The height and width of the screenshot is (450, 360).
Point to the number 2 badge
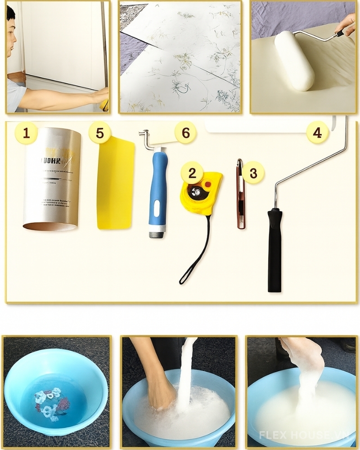click(x=193, y=173)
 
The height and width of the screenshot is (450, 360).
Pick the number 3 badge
click(x=253, y=173)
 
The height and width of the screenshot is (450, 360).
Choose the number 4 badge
click(x=318, y=133)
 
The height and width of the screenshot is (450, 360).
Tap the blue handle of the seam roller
click(x=158, y=189)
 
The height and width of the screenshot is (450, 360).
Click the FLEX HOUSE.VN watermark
click(x=306, y=435)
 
